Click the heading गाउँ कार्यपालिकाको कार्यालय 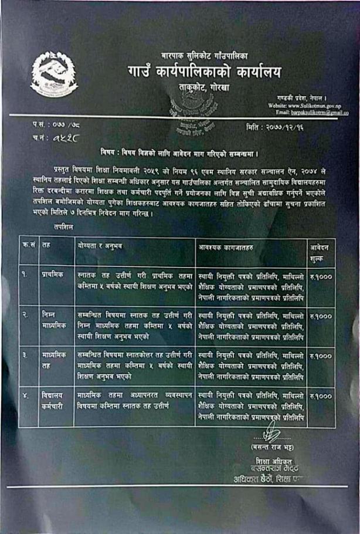(x=204, y=72)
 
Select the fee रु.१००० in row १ (x=321, y=274)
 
